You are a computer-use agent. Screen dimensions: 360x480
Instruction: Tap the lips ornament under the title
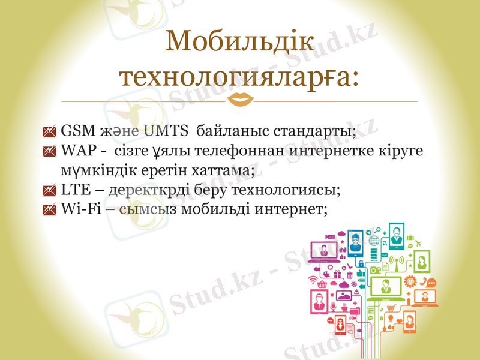coord(239,100)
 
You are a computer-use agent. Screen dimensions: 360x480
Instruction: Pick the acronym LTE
coord(74,190)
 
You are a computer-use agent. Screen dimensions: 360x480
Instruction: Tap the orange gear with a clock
coord(410,280)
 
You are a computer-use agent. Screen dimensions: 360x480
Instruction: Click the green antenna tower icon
coord(397,262)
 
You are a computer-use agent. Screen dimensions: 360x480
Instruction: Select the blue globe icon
coord(374,241)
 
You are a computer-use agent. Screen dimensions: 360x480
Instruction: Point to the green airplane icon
coord(418,242)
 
